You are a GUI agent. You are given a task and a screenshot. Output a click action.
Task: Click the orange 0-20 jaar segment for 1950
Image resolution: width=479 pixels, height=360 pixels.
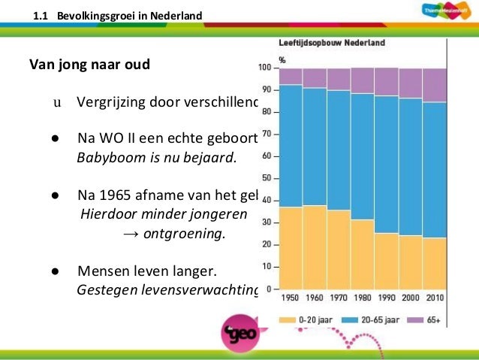[291, 247]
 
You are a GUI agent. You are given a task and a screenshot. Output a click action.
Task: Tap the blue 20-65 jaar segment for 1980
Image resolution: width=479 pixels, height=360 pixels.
[363, 156]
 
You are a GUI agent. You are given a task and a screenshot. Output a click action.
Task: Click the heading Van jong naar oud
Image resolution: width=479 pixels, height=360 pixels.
[89, 63]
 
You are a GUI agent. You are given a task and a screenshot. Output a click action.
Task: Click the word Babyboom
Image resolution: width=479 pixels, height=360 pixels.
[105, 158]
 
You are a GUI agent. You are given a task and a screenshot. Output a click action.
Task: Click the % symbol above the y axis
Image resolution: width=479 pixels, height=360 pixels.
[282, 59]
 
